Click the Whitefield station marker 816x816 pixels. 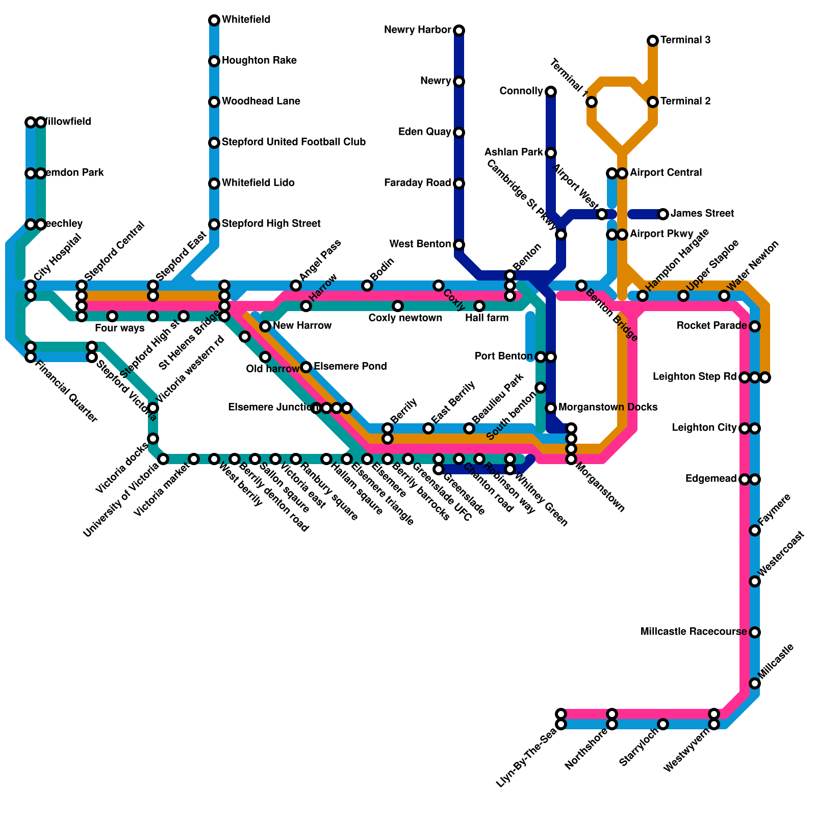(x=214, y=20)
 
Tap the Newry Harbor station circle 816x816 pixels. (x=459, y=31)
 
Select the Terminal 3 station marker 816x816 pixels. (x=653, y=41)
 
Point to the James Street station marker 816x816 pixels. (x=663, y=214)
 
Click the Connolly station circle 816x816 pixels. (x=551, y=92)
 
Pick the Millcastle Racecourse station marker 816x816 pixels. (x=755, y=632)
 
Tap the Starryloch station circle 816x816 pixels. (x=663, y=724)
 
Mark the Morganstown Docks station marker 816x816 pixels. (x=551, y=408)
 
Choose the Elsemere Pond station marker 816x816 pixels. (x=306, y=367)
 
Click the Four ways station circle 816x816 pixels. (x=112, y=316)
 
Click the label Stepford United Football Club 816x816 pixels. (x=294, y=142)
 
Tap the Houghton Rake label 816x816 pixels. (x=259, y=61)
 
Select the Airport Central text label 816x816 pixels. (x=666, y=173)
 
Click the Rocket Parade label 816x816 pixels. (x=712, y=326)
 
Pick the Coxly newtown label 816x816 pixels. (x=405, y=318)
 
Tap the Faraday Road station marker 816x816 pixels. (x=459, y=184)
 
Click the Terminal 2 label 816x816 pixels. (x=685, y=101)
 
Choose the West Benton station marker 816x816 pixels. (x=459, y=245)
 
